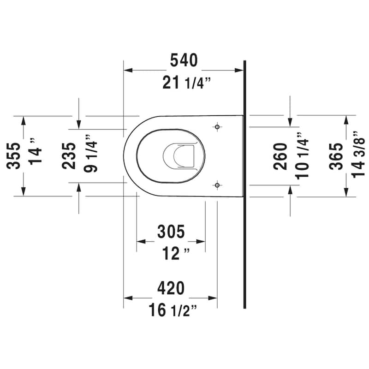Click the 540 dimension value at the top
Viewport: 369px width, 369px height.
(184, 60)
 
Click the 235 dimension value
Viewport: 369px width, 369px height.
(69, 156)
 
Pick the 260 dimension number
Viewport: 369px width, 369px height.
(280, 156)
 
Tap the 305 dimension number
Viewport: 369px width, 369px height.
(171, 231)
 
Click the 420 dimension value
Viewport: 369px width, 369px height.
(171, 288)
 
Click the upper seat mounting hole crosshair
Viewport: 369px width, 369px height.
(217, 126)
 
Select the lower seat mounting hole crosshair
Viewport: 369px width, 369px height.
(217, 185)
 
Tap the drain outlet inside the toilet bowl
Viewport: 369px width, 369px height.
(178, 155)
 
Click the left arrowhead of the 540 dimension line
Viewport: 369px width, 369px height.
(127, 71)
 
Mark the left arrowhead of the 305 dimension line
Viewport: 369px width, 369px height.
(141, 241)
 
